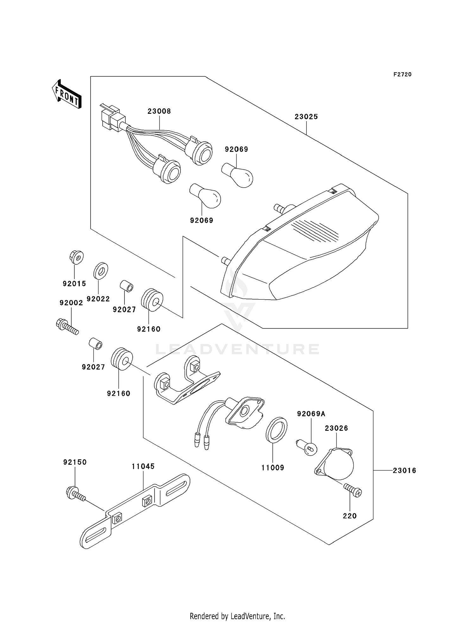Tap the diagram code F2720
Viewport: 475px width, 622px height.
(402, 75)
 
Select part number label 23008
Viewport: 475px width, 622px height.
(159, 111)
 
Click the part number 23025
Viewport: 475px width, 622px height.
(306, 117)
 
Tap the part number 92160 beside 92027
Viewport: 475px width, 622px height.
(149, 329)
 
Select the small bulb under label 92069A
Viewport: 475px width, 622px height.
(306, 447)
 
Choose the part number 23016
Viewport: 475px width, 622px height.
(404, 471)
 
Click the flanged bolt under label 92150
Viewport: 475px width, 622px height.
(76, 494)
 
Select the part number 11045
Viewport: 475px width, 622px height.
(143, 466)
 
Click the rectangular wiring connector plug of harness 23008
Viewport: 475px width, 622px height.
(111, 116)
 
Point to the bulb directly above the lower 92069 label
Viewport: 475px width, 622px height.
(205, 196)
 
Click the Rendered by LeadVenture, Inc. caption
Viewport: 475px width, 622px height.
(237, 616)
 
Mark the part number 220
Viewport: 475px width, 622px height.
(350, 516)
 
